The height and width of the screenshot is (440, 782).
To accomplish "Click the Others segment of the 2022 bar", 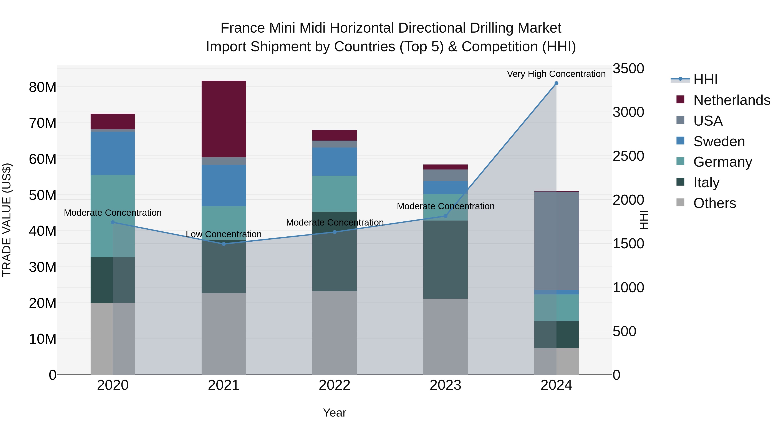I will (x=335, y=333).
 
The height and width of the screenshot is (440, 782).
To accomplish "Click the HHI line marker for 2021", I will (x=224, y=244).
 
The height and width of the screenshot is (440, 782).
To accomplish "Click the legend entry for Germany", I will (x=722, y=162).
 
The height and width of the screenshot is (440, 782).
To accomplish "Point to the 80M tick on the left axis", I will (x=43, y=87).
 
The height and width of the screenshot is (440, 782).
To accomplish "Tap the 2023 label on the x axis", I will (x=445, y=385).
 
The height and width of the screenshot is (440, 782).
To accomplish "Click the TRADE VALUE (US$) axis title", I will (x=7, y=220).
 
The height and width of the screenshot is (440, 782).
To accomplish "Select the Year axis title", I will (x=335, y=413).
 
